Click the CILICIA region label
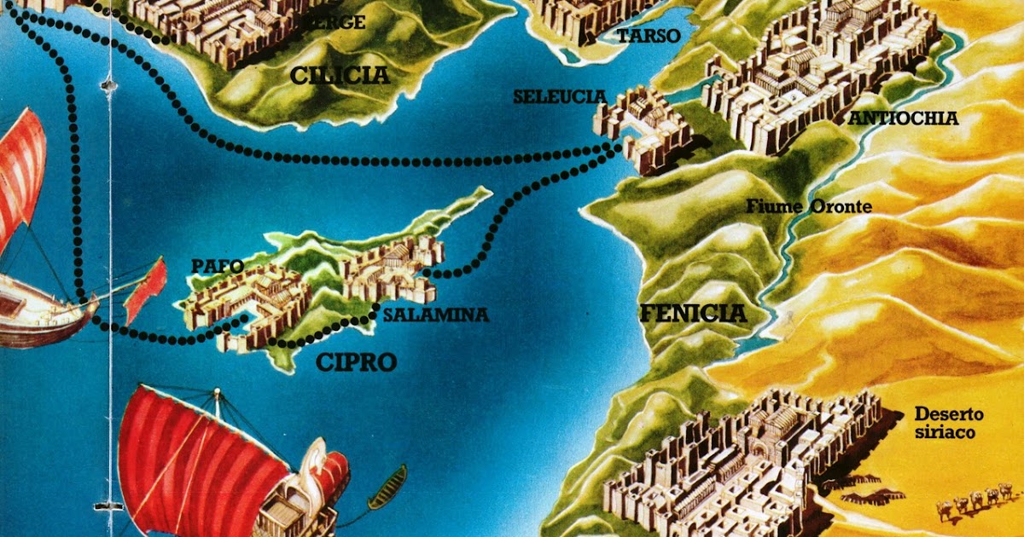coord(340,76)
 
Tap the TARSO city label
coord(648,36)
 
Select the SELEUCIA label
coord(559,97)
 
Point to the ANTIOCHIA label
coord(903,118)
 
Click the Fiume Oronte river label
coord(809,205)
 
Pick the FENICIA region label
coord(693,314)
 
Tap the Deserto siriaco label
coord(949,424)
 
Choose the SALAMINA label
coord(435,315)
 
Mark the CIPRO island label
coord(356,362)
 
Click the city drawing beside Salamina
coord(394,268)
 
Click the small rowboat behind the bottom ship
coord(387,487)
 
